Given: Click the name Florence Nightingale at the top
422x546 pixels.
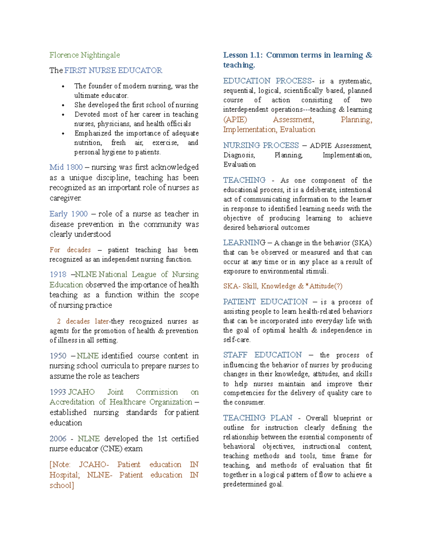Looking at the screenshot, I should point(84,55).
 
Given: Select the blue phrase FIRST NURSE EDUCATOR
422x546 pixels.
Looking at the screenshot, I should point(113,71).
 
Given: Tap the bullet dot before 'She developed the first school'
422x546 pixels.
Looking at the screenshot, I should point(63,105).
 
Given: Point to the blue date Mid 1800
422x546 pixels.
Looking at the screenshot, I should point(66,167).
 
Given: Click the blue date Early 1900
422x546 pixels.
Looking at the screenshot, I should point(69,214).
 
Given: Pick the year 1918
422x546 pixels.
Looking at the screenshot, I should point(58,275).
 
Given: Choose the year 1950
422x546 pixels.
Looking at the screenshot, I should point(58,356).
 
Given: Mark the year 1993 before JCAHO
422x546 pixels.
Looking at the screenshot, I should point(58,392).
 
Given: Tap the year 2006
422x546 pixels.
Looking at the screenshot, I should point(58,439).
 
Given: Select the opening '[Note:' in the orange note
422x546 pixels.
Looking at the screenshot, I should point(60,465).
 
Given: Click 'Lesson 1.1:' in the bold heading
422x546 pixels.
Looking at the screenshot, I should point(243,55).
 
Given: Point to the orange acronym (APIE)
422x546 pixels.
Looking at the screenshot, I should point(235,120).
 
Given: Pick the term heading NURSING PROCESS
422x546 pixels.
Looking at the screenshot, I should point(261,146).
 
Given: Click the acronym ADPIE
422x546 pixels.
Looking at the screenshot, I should point(321,146).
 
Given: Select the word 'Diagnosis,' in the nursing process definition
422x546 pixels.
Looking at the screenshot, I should point(239,155).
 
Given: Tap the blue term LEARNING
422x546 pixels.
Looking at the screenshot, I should point(244,243).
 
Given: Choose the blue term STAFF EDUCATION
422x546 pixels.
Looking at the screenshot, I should point(262,355).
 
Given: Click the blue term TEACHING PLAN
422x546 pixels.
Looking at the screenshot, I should point(258,418).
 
